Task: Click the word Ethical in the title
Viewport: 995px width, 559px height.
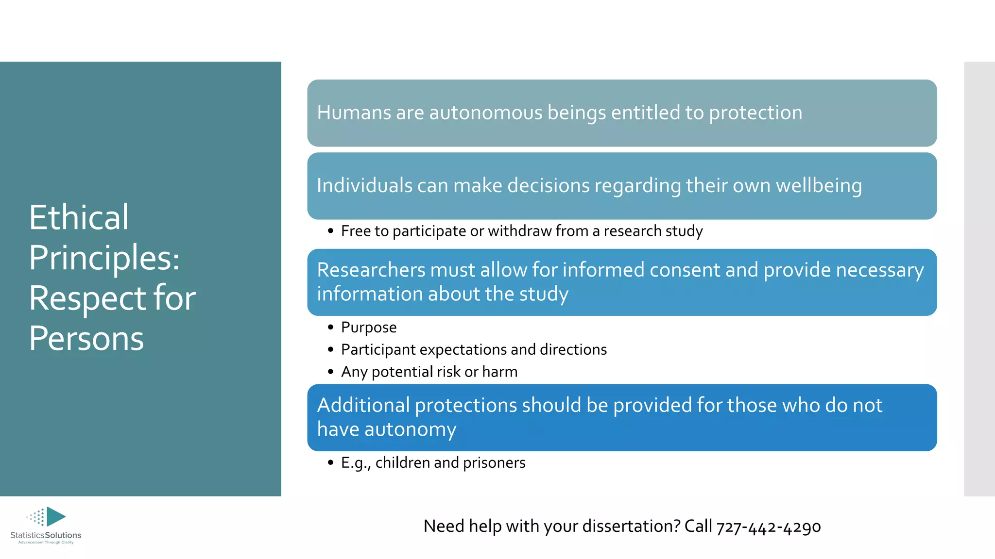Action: tap(79, 217)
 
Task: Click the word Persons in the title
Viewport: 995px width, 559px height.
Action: tap(86, 338)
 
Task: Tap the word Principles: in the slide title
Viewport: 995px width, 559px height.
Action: tap(104, 258)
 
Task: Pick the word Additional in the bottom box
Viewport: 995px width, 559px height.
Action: tap(363, 405)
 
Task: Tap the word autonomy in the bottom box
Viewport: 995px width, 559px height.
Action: tap(410, 429)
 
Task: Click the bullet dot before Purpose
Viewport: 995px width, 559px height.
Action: tap(330, 328)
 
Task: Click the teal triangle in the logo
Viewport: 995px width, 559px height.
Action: tap(55, 516)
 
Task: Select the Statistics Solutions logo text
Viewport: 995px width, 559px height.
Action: tap(46, 535)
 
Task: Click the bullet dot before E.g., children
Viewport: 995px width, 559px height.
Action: tap(330, 463)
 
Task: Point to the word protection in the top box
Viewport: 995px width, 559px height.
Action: tap(755, 113)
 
